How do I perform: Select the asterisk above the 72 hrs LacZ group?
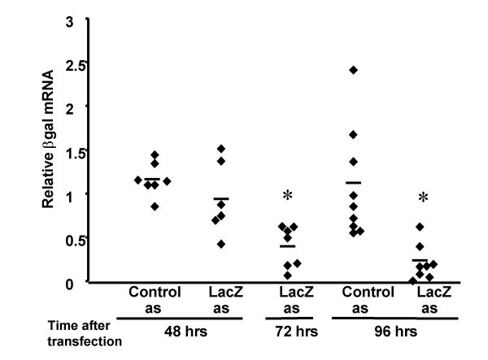coord(286,197)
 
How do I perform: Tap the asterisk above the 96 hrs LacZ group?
coord(420,198)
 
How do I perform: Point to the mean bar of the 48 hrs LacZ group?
coord(220,198)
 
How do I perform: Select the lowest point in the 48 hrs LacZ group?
coord(220,244)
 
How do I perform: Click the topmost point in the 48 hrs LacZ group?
coord(220,149)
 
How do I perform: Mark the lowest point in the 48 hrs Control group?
coord(155,206)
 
